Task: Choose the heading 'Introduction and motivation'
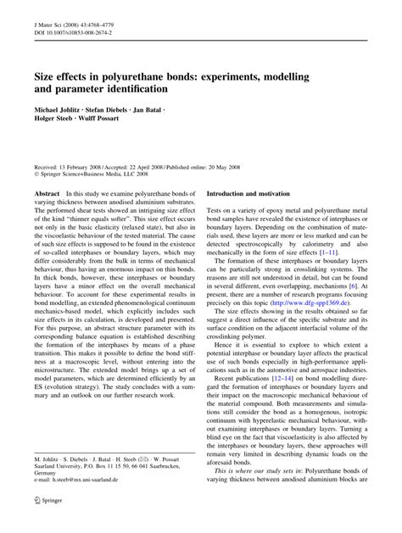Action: tap(251, 218)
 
